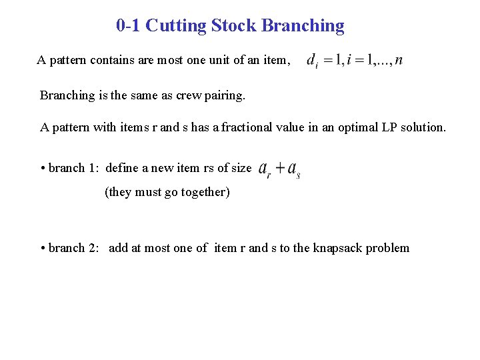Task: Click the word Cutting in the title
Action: tap(175, 26)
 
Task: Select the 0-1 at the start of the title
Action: tap(128, 26)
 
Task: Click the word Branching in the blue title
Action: tap(303, 26)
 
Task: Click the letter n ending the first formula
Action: tap(398, 61)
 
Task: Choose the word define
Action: tap(121, 167)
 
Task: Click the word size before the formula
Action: tap(241, 167)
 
